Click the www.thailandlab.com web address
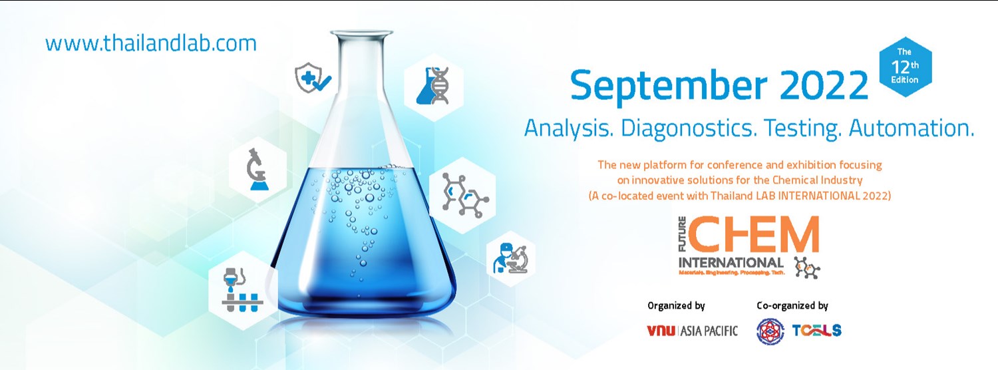[x=150, y=43]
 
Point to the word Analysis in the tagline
[x=568, y=128]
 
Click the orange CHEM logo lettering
[x=751, y=236]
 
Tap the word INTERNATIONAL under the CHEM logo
[x=730, y=262]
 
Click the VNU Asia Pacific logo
[x=692, y=331]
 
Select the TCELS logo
[x=817, y=330]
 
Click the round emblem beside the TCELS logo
[x=770, y=331]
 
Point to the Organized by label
[x=676, y=306]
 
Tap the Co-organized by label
[x=792, y=306]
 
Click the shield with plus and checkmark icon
[x=313, y=81]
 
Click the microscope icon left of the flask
[x=257, y=170]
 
